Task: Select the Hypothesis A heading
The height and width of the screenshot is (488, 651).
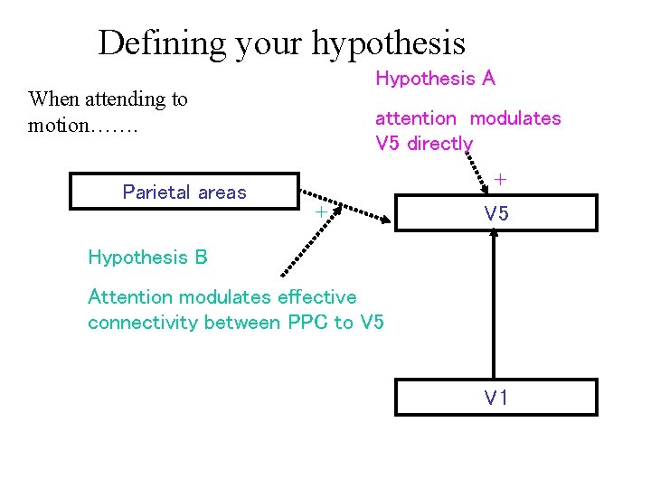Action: pyautogui.click(x=435, y=79)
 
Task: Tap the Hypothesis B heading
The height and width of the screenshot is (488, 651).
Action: pyautogui.click(x=147, y=257)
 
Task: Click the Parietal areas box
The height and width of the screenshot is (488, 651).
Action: pyautogui.click(x=184, y=192)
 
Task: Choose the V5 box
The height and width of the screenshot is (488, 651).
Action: pyautogui.click(x=496, y=213)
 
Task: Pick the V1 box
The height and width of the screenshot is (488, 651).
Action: pyautogui.click(x=496, y=397)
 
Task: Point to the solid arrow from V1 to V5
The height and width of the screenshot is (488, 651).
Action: pyautogui.click(x=495, y=307)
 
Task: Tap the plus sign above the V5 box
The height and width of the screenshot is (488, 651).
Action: pyautogui.click(x=500, y=180)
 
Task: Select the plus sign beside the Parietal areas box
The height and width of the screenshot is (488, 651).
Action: pyautogui.click(x=319, y=211)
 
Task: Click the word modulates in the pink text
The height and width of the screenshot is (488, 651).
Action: pyautogui.click(x=515, y=118)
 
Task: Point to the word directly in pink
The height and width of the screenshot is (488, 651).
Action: pyautogui.click(x=439, y=143)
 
